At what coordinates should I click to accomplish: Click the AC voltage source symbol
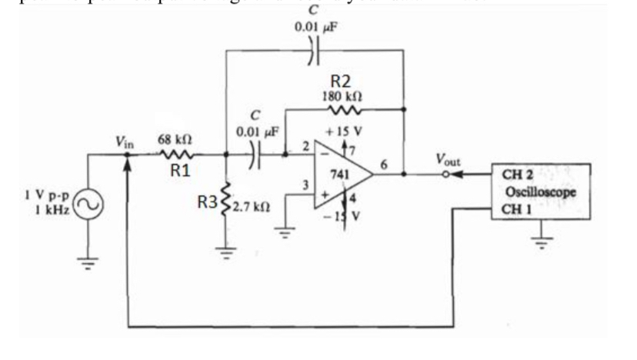tap(87, 204)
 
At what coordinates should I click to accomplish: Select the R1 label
tap(179, 170)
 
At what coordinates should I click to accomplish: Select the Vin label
tap(125, 141)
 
